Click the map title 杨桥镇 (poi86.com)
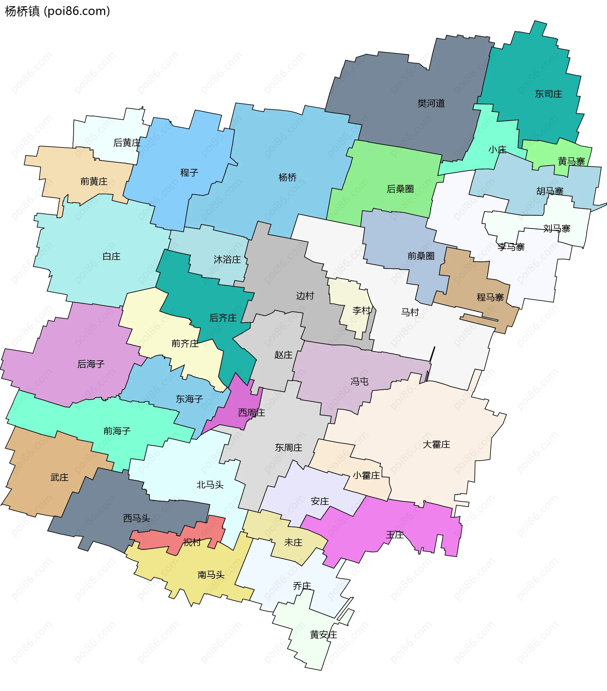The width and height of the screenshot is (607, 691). (58, 11)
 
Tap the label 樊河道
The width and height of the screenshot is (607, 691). (431, 103)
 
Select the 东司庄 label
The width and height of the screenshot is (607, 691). (548, 94)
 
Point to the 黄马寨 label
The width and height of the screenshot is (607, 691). (571, 161)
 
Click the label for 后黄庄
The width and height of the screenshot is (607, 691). (127, 143)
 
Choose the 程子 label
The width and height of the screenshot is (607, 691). (189, 173)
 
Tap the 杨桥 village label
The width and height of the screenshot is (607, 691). (287, 177)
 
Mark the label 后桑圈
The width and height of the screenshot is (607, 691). (400, 189)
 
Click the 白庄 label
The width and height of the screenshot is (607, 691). (112, 256)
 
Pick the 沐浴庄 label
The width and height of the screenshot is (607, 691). (227, 259)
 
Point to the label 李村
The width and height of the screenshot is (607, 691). (361, 310)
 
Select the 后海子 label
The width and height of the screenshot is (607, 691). (91, 364)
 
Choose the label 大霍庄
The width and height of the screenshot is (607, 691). (436, 444)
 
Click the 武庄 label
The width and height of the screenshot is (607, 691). (59, 477)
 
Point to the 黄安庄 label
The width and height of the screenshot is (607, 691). (323, 635)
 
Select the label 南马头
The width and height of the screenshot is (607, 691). (211, 575)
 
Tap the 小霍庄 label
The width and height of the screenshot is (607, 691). (366, 475)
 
